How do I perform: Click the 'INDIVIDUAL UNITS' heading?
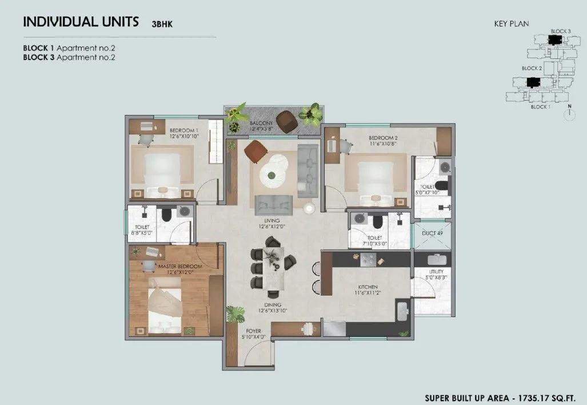pos(81,22)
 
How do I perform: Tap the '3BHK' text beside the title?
pos(162,24)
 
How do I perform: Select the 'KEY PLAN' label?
pos(511,24)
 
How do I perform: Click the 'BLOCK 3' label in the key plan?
pos(560,31)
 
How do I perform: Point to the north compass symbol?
pos(569,113)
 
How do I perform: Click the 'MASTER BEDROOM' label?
pos(180,267)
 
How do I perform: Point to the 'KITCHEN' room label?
pos(368,287)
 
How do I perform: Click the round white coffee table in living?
pos(273,169)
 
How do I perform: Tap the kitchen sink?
pos(402,311)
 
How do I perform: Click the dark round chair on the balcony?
pos(285,120)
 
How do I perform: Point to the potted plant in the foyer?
pos(235,314)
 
